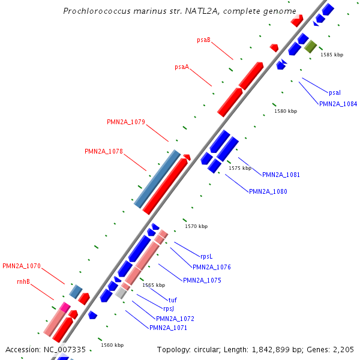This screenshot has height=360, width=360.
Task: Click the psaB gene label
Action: (x=203, y=40)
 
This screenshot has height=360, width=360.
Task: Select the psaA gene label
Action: (x=182, y=67)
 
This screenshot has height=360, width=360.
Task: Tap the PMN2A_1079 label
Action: (x=126, y=122)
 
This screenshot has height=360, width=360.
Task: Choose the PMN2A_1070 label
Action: (x=22, y=266)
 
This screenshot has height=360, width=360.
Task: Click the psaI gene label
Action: (x=335, y=92)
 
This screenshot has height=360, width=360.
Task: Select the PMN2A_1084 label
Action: (x=338, y=104)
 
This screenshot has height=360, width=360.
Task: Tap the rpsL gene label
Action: (x=206, y=256)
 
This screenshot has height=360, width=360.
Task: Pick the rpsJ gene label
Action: (x=168, y=309)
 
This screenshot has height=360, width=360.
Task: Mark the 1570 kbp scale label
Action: (x=196, y=226)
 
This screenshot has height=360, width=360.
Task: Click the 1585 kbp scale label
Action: (x=332, y=55)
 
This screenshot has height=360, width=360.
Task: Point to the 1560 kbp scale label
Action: (x=112, y=345)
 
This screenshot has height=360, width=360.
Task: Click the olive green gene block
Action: (x=310, y=46)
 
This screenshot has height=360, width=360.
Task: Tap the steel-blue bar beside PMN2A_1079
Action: (x=157, y=179)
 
